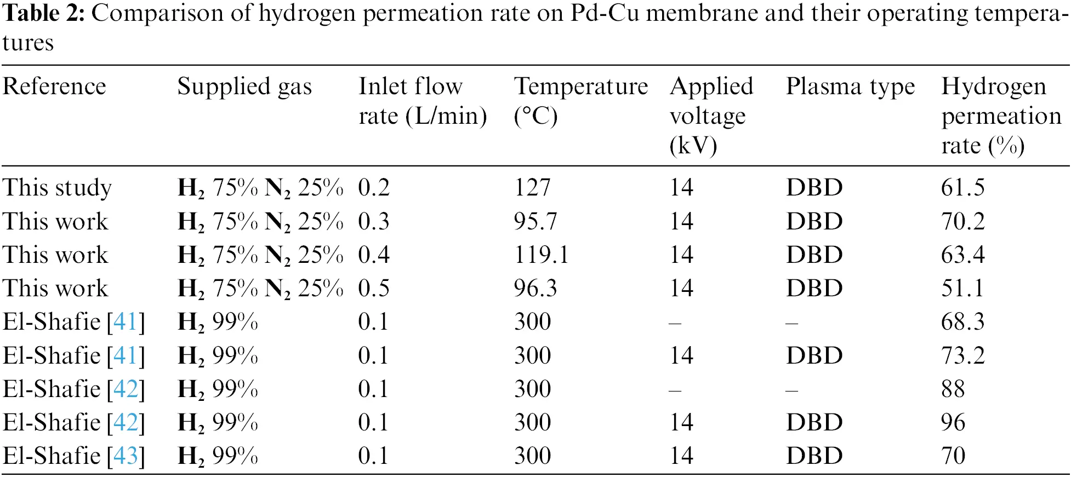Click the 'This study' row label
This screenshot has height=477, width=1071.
(x=57, y=187)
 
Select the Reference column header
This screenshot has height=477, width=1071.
(x=54, y=87)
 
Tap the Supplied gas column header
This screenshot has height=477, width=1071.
(x=244, y=87)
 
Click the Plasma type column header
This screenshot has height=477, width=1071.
(x=850, y=87)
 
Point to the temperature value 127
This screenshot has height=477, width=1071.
(x=532, y=187)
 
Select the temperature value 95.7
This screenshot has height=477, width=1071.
(x=535, y=221)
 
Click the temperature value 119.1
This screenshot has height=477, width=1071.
(x=541, y=255)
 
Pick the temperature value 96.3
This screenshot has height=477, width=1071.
(x=535, y=288)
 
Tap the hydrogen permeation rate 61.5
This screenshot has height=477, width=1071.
(x=962, y=187)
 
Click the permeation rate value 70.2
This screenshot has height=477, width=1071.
(x=962, y=221)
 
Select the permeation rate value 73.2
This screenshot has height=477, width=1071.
(x=962, y=355)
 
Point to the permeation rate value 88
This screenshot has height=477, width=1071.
(x=953, y=389)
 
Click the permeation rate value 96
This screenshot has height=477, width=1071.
(x=953, y=422)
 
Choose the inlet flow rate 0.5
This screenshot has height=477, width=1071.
(x=374, y=288)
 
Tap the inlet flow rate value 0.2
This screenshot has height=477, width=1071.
(x=374, y=187)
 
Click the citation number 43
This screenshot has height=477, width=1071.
(x=126, y=456)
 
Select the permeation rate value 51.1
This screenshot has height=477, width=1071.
(x=962, y=288)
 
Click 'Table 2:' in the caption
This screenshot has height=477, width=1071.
(x=43, y=13)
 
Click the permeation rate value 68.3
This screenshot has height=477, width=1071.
(x=962, y=321)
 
